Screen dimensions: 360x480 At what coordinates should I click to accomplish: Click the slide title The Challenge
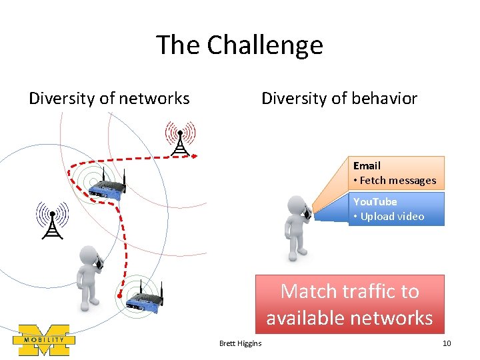click(239, 45)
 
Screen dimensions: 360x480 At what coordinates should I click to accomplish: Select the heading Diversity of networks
click(109, 99)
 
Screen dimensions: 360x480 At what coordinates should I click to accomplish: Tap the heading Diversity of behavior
click(339, 99)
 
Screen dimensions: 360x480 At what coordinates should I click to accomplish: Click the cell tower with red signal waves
click(179, 139)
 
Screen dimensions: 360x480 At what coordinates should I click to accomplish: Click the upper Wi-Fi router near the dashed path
click(106, 187)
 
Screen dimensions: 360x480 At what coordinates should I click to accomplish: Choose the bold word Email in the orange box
click(367, 165)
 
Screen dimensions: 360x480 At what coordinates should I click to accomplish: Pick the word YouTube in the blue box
click(375, 201)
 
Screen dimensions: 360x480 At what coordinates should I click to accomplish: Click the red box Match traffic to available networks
click(349, 304)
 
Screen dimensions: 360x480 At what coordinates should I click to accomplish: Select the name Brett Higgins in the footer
click(240, 343)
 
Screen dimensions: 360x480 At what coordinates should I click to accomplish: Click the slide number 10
click(446, 343)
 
